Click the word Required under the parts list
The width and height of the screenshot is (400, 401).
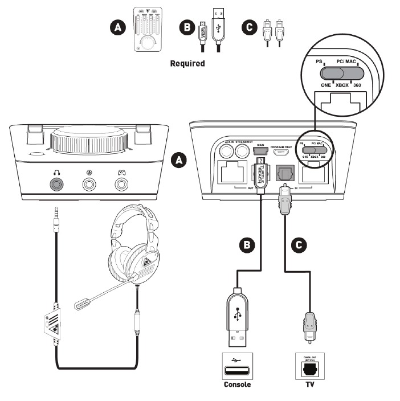(x=187, y=64)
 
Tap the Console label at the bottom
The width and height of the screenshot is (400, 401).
(x=236, y=384)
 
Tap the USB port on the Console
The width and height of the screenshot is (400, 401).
(x=236, y=368)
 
